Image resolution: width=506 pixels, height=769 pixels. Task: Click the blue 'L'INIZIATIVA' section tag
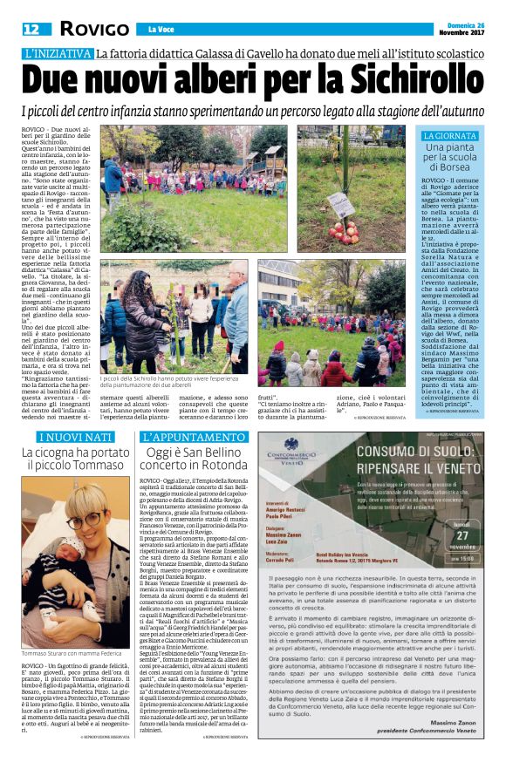[x=58, y=54]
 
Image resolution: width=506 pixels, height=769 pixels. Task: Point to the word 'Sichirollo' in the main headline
[x=402, y=81]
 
